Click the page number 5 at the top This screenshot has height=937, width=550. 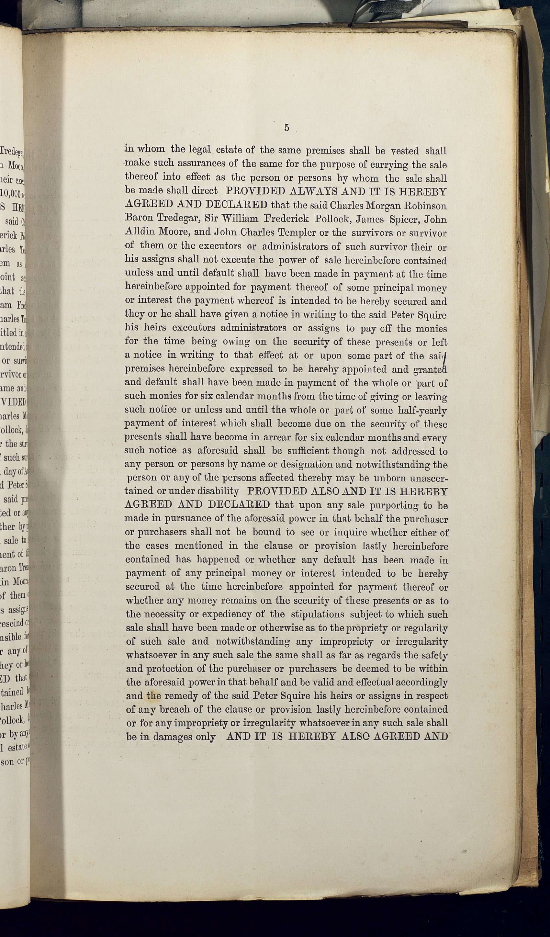[286, 128]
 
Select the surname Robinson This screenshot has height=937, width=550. [425, 205]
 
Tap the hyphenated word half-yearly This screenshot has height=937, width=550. [422, 410]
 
